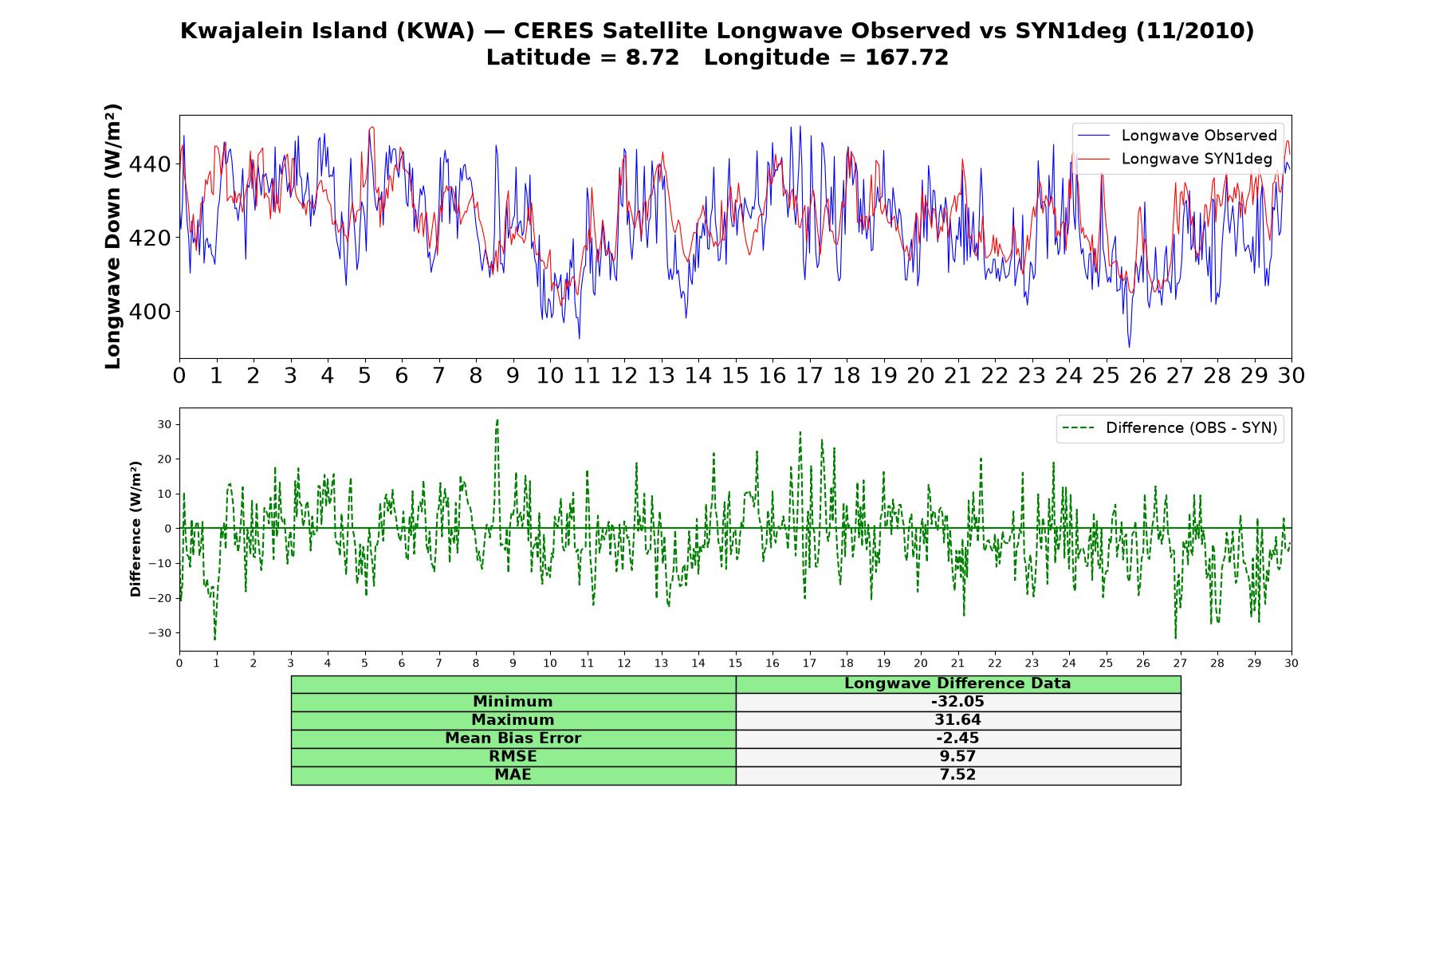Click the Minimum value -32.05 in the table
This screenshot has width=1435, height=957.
pyautogui.click(x=957, y=702)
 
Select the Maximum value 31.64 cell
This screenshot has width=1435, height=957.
pyautogui.click(x=957, y=720)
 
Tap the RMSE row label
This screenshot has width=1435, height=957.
pyautogui.click(x=513, y=757)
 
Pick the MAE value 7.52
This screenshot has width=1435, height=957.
pyautogui.click(x=957, y=775)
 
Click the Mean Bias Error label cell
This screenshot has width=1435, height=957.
pyautogui.click(x=513, y=738)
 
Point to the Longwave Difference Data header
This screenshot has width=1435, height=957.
pyautogui.click(x=957, y=683)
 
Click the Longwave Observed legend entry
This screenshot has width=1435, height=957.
pyautogui.click(x=1177, y=136)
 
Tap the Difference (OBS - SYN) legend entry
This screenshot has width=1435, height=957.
pyautogui.click(x=1170, y=428)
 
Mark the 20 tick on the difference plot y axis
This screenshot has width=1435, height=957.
pyautogui.click(x=163, y=459)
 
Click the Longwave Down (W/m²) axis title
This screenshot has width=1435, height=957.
pyautogui.click(x=113, y=236)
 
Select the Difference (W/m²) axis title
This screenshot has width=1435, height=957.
pyautogui.click(x=136, y=529)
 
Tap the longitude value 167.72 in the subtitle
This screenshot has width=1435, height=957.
pyautogui.click(x=906, y=57)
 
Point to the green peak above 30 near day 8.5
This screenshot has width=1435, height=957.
pyautogui.click(x=497, y=420)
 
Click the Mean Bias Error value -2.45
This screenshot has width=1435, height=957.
pyautogui.click(x=957, y=738)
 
